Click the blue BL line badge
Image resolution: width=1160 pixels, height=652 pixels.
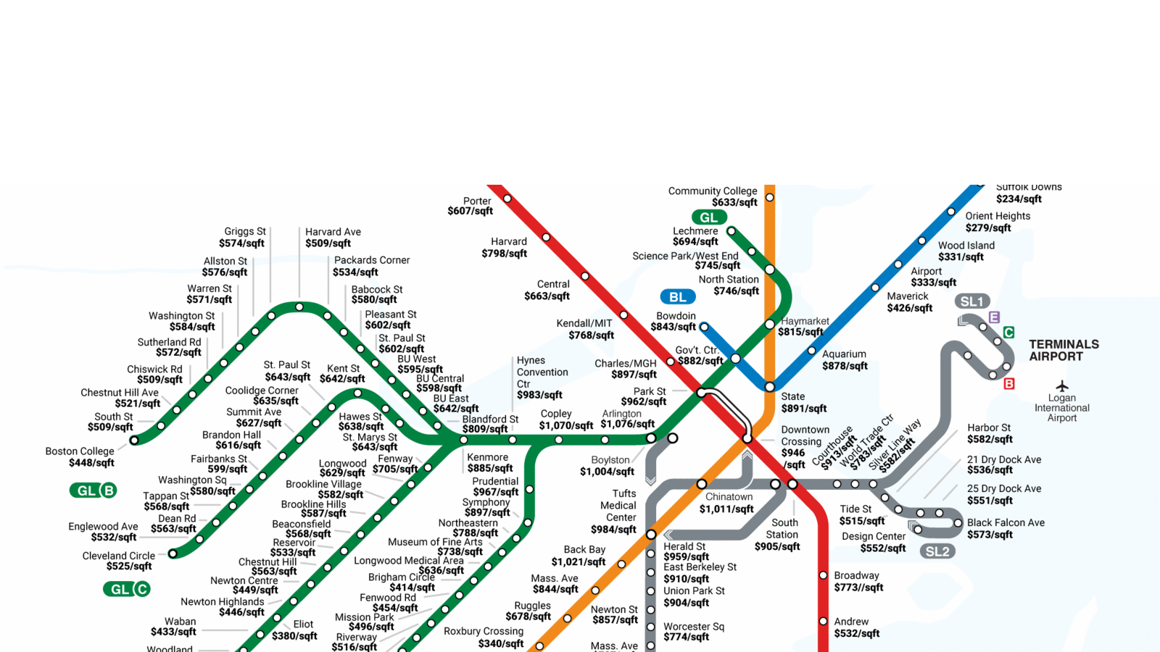[678, 297]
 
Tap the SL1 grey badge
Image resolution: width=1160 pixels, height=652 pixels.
[971, 301]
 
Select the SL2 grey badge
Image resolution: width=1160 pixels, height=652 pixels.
[937, 551]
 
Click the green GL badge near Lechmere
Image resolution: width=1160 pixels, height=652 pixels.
[708, 217]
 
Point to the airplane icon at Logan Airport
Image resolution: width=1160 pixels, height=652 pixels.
[1062, 386]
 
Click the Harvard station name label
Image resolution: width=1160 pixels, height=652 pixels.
[508, 241]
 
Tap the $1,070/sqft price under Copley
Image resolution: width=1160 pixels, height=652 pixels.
[565, 425]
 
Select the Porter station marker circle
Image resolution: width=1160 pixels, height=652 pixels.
[507, 198]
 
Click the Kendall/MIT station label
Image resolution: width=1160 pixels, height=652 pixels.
[584, 323]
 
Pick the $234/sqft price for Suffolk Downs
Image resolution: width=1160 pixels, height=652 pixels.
[1019, 199]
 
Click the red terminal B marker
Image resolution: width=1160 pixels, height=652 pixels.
[1008, 384]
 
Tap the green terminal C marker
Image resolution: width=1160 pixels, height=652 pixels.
[1008, 333]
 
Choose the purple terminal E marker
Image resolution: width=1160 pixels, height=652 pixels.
[994, 317]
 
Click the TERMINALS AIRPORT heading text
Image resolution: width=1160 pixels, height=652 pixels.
[1064, 350]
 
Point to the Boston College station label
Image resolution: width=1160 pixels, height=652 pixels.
[80, 451]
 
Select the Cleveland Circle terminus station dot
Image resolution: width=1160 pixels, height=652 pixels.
[173, 553]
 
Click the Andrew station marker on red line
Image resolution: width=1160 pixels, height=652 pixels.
[823, 622]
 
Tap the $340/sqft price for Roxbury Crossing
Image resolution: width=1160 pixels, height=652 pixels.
[501, 643]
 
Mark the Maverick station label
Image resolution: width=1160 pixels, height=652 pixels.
[907, 296]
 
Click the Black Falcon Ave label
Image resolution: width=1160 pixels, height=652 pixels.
[1006, 522]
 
